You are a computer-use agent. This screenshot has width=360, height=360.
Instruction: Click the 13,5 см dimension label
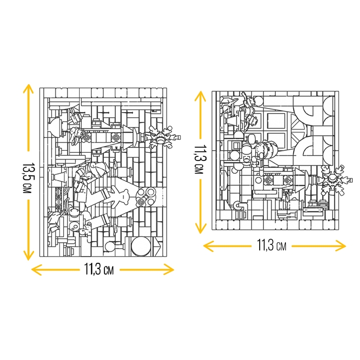coord(27,178)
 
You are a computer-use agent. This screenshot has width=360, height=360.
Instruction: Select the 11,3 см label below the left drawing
coord(99,269)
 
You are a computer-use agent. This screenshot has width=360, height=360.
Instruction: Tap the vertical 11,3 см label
coord(200,159)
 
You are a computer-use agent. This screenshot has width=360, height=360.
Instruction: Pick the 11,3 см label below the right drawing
coord(272,245)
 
